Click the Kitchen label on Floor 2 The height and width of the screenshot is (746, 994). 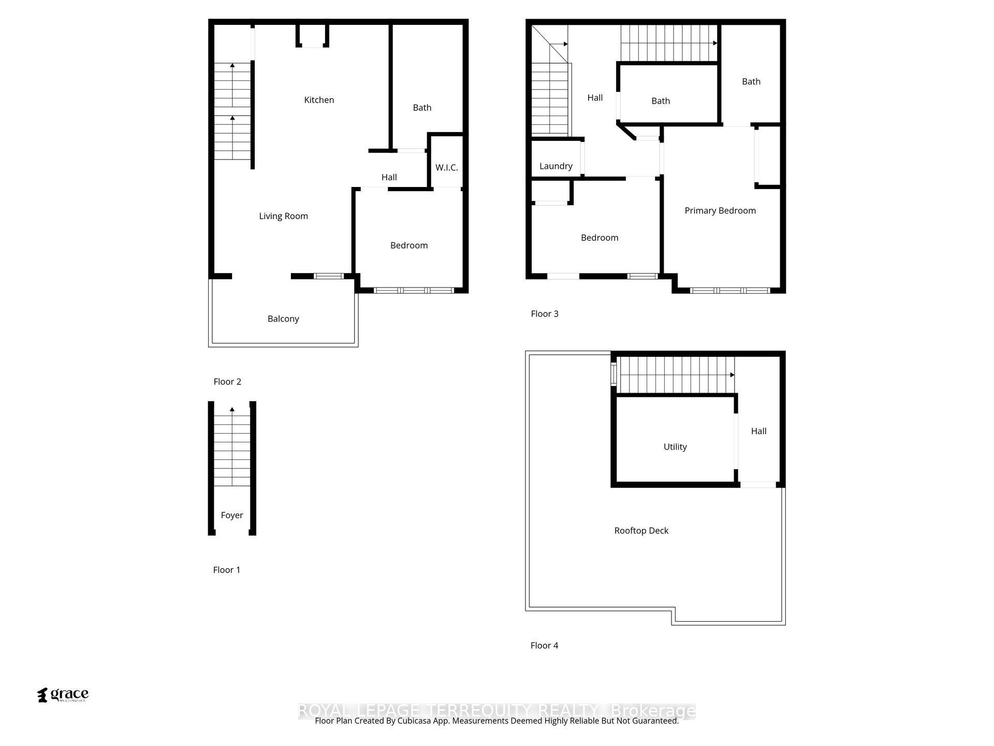click(x=319, y=100)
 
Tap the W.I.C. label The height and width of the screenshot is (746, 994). click(x=446, y=167)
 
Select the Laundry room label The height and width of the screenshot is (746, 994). click(x=556, y=166)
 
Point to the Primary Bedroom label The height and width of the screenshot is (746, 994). click(x=720, y=210)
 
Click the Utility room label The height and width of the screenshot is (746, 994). click(x=675, y=447)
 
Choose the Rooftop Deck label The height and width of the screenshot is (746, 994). click(x=641, y=530)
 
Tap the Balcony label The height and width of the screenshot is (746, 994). click(x=283, y=319)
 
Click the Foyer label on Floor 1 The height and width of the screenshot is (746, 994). click(x=231, y=515)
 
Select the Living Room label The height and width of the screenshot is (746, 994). click(x=283, y=216)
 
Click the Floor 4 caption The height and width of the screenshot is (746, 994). click(x=544, y=645)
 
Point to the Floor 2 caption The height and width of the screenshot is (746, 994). click(x=227, y=382)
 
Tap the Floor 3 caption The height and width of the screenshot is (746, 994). click(x=545, y=314)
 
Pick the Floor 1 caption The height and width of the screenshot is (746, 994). click(x=227, y=570)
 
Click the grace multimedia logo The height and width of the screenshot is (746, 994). click(x=63, y=695)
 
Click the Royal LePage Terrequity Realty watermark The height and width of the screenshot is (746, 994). click(x=496, y=711)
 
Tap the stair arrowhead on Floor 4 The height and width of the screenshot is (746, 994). click(x=732, y=375)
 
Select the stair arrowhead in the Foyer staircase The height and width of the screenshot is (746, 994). click(x=232, y=410)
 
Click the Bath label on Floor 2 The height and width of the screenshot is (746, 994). click(x=422, y=108)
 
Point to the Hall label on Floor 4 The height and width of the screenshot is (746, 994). click(x=758, y=431)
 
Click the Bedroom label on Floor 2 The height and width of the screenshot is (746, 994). click(x=409, y=246)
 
